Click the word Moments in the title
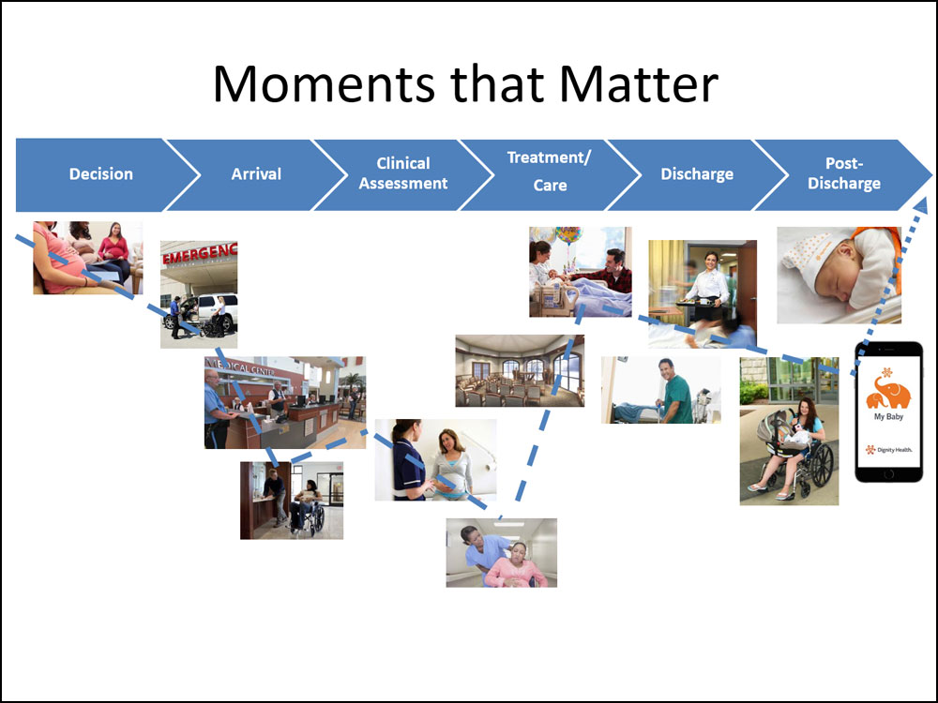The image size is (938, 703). tap(324, 83)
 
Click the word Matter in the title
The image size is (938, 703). tap(638, 83)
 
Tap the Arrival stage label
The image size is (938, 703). tap(256, 174)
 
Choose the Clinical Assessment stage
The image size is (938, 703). tap(403, 174)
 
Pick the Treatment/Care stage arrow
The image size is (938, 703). tap(550, 174)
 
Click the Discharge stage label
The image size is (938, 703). tap(697, 174)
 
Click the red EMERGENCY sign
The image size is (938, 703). tap(200, 253)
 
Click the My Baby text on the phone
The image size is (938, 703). tap(888, 417)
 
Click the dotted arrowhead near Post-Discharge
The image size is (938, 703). tap(921, 205)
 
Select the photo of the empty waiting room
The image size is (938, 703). tap(520, 370)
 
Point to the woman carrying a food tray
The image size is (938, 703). tap(708, 288)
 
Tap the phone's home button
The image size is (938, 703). tap(888, 474)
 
